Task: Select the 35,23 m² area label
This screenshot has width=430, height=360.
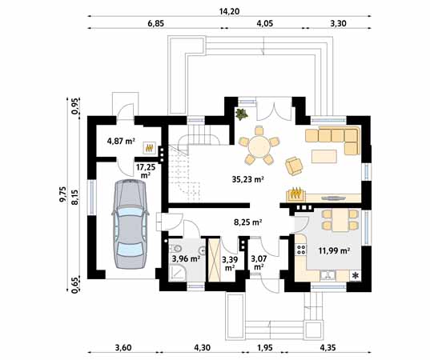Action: click(247, 180)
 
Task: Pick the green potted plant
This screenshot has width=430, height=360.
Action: click(240, 114)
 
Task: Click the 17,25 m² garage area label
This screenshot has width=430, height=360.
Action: click(146, 169)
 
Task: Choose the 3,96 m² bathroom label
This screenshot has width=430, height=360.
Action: click(185, 258)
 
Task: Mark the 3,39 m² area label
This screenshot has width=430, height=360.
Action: click(229, 262)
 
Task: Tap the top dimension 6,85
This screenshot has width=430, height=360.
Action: click(155, 25)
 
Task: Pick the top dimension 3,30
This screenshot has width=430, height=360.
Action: click(339, 25)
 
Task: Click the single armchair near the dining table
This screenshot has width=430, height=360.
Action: click(295, 165)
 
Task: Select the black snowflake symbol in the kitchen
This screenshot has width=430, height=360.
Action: click(355, 276)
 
